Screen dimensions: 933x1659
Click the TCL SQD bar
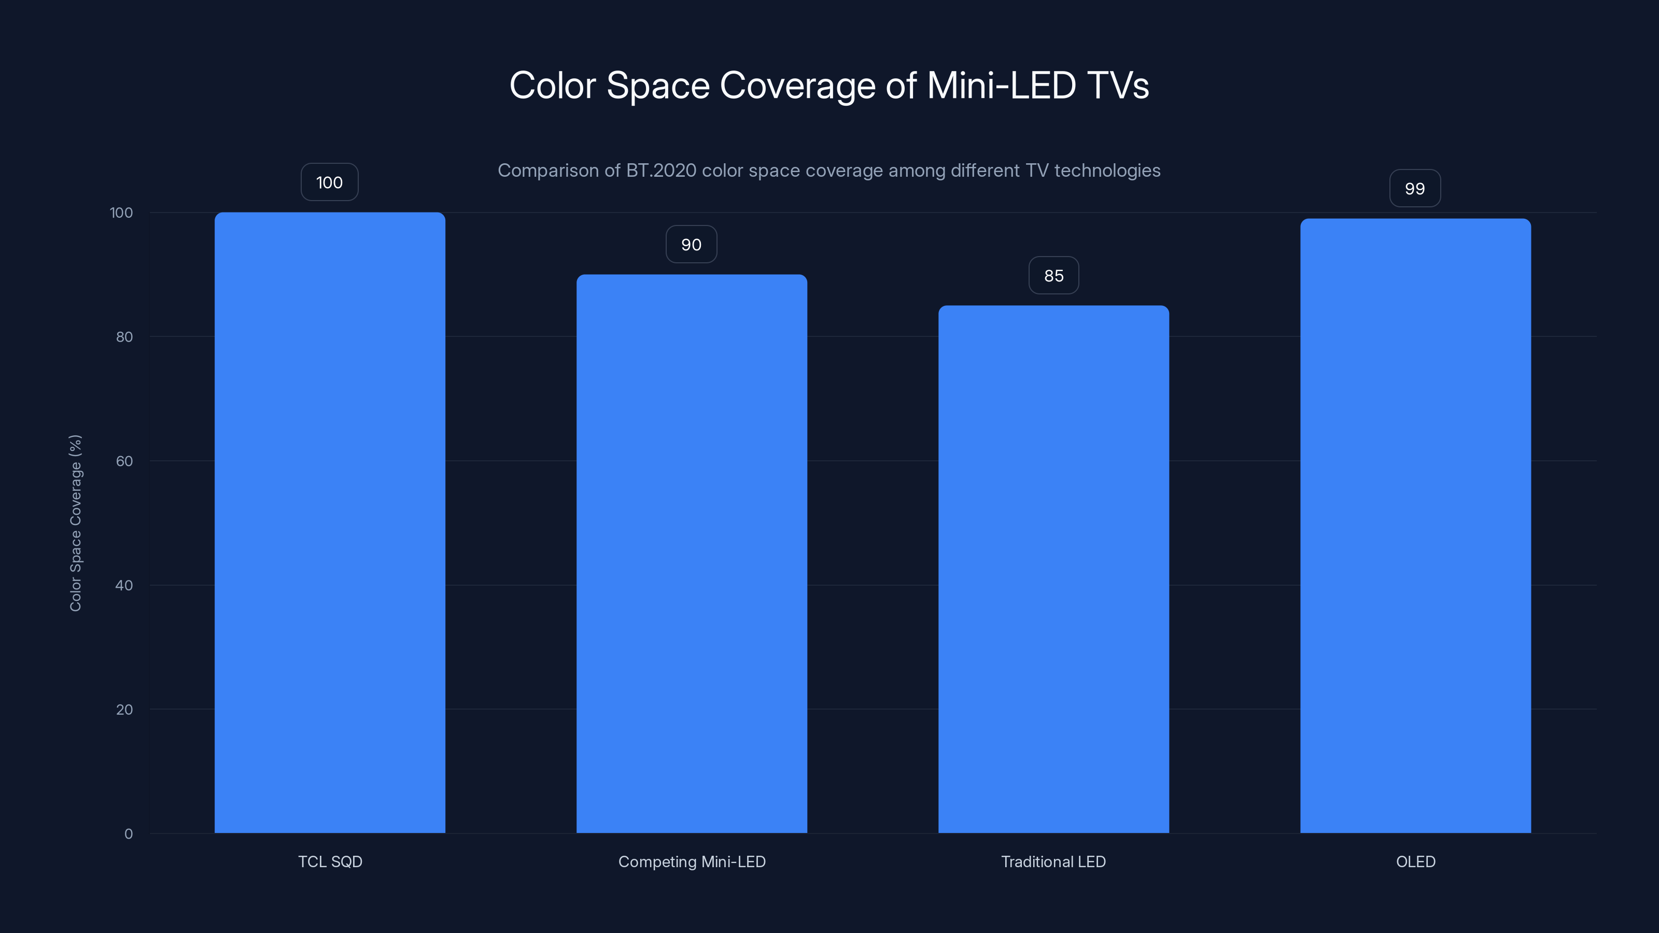coord(330,522)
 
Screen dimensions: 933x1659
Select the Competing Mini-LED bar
coord(691,554)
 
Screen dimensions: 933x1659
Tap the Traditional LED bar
coord(1053,569)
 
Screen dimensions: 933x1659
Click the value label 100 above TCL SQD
coord(329,183)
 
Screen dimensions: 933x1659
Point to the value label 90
coord(691,245)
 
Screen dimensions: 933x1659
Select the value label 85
coord(1053,276)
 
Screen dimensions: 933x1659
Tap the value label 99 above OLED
coord(1415,189)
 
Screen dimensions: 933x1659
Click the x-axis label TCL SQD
coord(330,861)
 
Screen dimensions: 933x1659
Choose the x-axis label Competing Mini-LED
coord(692,861)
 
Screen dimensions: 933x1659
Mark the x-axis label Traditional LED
coord(1053,861)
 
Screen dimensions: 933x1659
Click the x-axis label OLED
coord(1415,861)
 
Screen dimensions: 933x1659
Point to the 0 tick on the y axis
coord(128,834)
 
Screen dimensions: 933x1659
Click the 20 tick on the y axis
coord(124,710)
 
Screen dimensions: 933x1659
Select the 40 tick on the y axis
coord(124,585)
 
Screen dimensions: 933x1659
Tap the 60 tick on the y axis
coord(124,461)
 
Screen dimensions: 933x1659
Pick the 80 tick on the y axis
coord(124,337)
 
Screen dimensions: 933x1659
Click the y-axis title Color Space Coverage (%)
coord(75,523)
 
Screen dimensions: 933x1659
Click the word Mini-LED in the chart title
coord(1001,85)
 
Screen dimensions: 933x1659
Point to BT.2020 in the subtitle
coord(661,171)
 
